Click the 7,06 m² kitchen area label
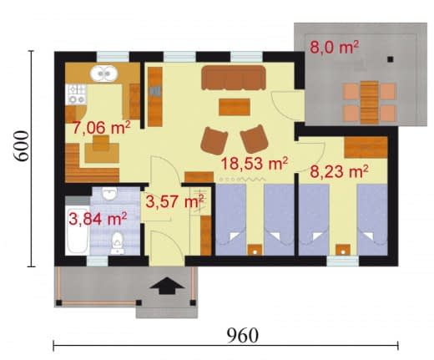pos(101,128)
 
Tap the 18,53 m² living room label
pos(254,163)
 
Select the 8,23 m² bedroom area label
pos(339,171)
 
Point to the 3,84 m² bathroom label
pos(98,219)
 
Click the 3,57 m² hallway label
pos(175,201)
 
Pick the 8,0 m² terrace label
pos(334,47)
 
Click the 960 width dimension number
pos(243,335)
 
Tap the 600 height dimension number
pos(22,146)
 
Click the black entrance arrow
pos(167,286)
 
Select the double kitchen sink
pos(104,74)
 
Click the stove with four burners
pos(76,94)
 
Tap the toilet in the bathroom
pos(118,243)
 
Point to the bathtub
pos(78,231)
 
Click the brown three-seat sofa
pos(234,78)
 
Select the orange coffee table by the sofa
pos(235,107)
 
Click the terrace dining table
pos(369,102)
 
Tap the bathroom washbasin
pos(109,193)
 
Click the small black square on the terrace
pos(391,59)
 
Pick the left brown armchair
pos(214,140)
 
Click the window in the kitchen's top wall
pos(113,57)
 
